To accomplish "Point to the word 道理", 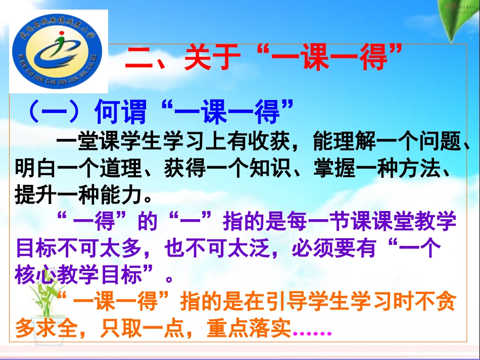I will [118, 168].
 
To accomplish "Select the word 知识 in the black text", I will [283, 168].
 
